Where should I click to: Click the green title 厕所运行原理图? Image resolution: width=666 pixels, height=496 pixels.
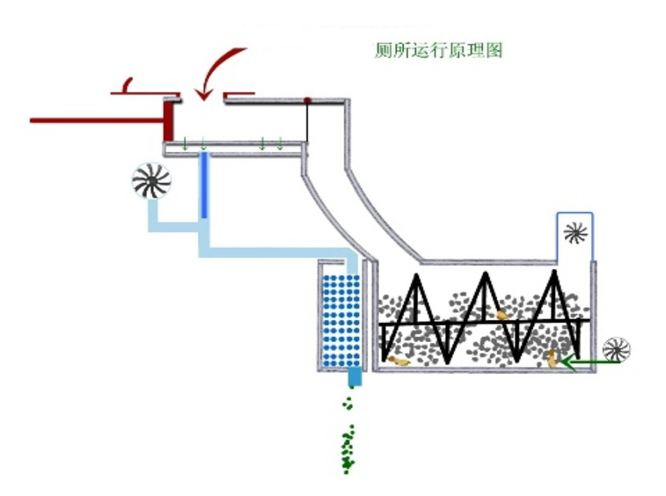pyautogui.click(x=438, y=50)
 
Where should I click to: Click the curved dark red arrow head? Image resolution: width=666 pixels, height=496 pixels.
pyautogui.click(x=204, y=94)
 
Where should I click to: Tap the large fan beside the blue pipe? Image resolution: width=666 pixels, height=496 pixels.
pyautogui.click(x=151, y=181)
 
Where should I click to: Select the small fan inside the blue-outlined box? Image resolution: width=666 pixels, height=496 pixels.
pyautogui.click(x=575, y=234)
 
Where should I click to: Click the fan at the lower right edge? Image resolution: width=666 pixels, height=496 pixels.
pyautogui.click(x=617, y=350)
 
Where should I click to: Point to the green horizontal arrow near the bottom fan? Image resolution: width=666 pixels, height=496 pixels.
pyautogui.click(x=589, y=362)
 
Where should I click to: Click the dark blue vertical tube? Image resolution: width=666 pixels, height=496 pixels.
pyautogui.click(x=204, y=186)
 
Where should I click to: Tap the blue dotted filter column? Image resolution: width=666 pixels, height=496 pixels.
pyautogui.click(x=341, y=321)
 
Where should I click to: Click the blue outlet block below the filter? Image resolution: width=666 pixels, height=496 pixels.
pyautogui.click(x=355, y=377)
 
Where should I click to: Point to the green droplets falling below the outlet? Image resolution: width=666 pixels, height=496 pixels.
pyautogui.click(x=348, y=436)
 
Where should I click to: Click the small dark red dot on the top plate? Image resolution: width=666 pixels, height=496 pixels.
pyautogui.click(x=307, y=100)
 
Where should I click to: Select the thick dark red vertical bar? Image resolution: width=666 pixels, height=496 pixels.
pyautogui.click(x=169, y=120)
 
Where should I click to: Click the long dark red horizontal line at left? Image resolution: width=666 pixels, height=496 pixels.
pyautogui.click(x=97, y=120)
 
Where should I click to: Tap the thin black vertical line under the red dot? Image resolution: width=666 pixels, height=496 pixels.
pyautogui.click(x=307, y=123)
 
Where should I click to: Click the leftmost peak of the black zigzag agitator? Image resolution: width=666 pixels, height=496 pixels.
pyautogui.click(x=417, y=276)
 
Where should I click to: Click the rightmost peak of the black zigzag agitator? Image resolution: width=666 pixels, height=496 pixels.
pyautogui.click(x=554, y=273)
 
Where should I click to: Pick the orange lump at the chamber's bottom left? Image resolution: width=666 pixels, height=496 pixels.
pyautogui.click(x=399, y=361)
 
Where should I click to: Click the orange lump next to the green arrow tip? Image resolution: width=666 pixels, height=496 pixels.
pyautogui.click(x=552, y=360)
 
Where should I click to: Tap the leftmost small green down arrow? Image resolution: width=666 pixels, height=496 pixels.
pyautogui.click(x=185, y=144)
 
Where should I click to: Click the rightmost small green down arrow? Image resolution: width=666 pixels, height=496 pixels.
pyautogui.click(x=280, y=144)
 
